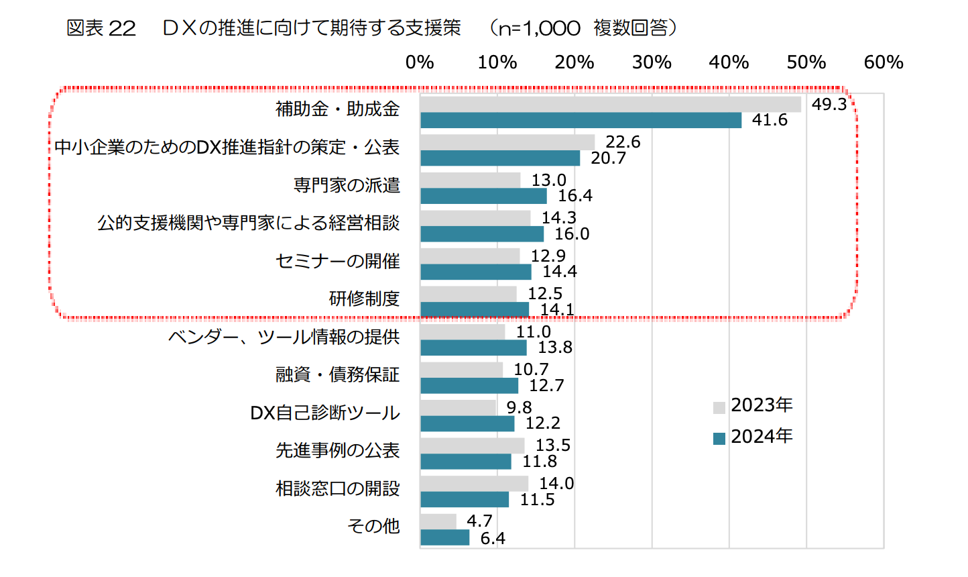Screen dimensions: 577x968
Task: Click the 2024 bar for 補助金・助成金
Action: click(581, 120)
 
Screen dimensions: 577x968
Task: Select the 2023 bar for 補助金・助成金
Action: click(610, 105)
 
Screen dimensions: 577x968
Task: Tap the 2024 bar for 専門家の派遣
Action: click(483, 196)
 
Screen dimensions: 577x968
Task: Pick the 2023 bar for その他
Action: click(438, 522)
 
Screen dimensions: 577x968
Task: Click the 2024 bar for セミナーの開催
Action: click(476, 272)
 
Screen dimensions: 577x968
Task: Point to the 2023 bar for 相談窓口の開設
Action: click(474, 484)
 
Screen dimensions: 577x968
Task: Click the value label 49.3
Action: click(829, 105)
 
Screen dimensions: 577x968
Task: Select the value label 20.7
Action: click(608, 158)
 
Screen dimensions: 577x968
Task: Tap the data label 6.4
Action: click(493, 539)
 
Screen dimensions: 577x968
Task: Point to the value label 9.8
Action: click(519, 408)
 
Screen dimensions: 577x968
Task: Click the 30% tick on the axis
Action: click(652, 62)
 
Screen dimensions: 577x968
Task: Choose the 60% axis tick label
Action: click(884, 62)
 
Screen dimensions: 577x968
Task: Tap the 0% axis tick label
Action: click(420, 62)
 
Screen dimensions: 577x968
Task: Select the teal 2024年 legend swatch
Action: click(719, 439)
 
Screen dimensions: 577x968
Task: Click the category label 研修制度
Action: click(364, 299)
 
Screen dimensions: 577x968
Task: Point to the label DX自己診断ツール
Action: click(324, 413)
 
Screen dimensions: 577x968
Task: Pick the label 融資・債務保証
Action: click(337, 374)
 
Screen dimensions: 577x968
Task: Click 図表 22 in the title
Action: click(101, 28)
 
